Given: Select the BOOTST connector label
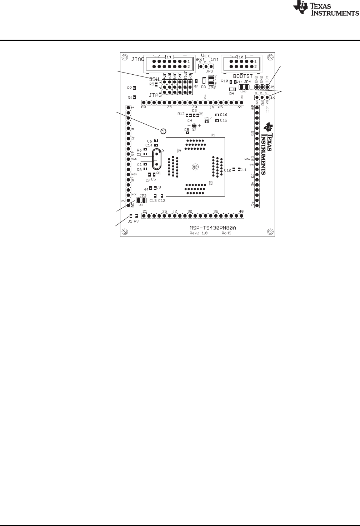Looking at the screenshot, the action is click(243, 76).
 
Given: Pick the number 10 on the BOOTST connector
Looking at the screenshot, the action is click(240, 57).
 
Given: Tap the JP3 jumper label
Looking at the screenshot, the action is click(205, 71).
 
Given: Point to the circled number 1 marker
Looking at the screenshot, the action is click(162, 131).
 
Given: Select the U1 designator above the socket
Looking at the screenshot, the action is click(212, 135).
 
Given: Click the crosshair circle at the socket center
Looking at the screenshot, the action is click(195, 167).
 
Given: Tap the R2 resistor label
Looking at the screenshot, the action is click(130, 88).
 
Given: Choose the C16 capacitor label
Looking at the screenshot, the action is click(224, 115).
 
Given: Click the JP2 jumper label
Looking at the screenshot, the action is click(143, 195).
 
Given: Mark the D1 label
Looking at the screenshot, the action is click(130, 221).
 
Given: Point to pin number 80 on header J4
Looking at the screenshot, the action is click(144, 107).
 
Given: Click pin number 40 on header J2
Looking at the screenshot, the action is click(241, 212).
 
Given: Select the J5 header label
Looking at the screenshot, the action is click(272, 87).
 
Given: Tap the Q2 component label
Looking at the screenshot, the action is click(194, 130).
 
